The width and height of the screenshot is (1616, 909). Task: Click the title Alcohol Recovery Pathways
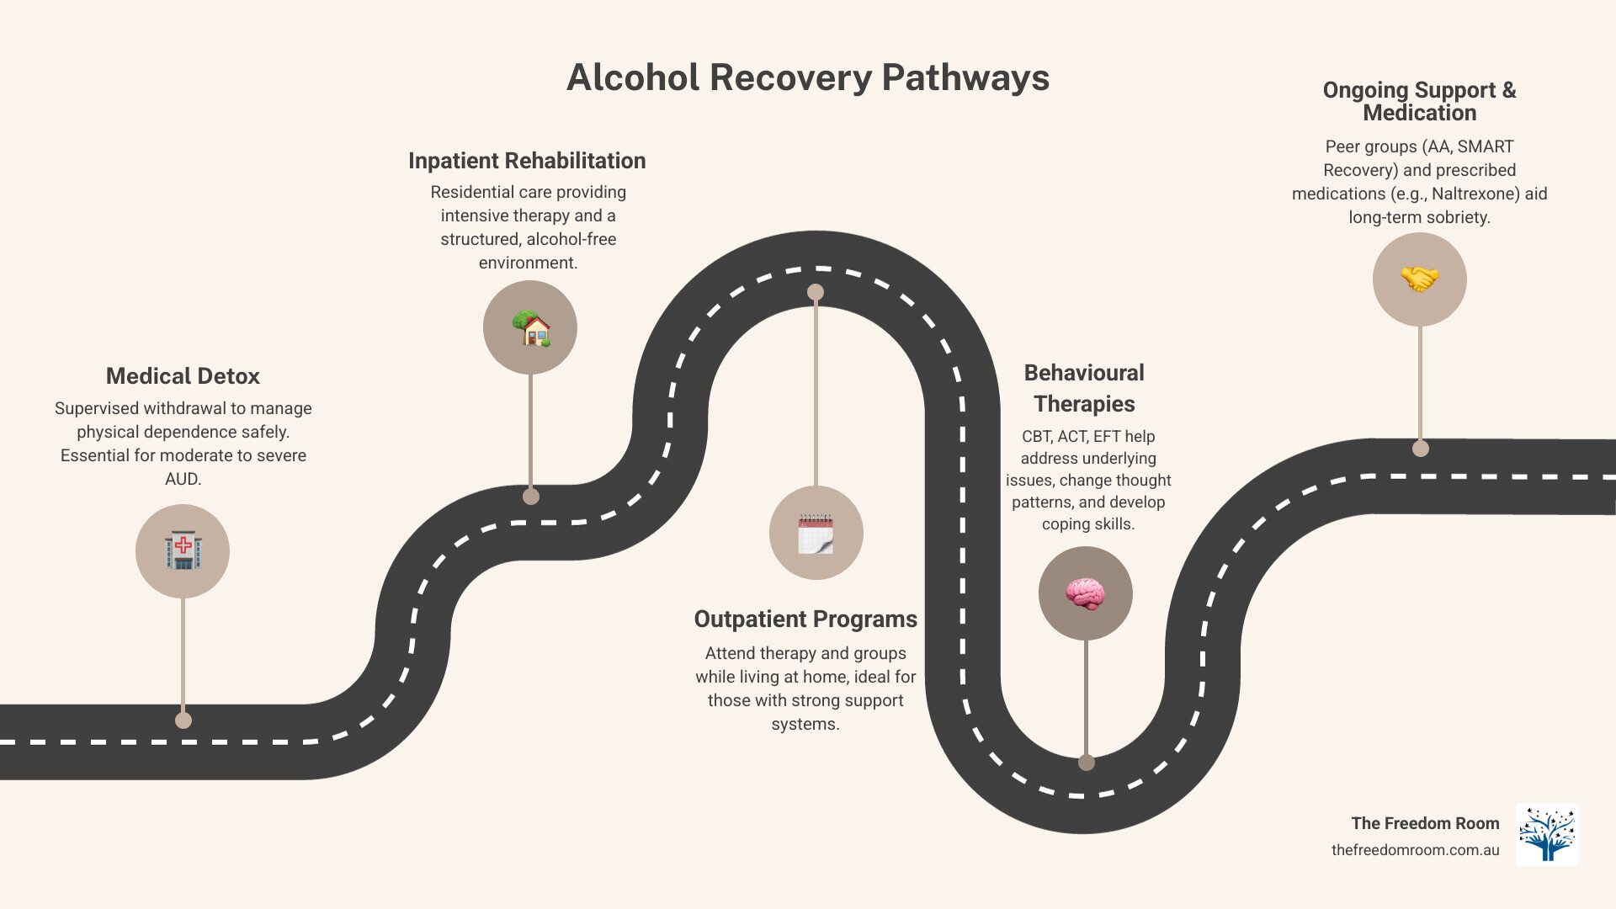(808, 77)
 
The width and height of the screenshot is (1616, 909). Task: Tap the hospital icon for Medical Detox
(183, 551)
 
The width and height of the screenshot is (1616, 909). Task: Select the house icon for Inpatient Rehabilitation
(530, 327)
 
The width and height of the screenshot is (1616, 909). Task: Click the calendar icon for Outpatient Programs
(816, 533)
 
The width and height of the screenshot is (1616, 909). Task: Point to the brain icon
(1085, 593)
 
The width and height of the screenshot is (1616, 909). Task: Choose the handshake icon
(1419, 279)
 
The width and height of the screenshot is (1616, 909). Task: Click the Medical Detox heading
(183, 376)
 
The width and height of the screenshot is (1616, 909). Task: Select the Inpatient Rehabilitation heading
(527, 161)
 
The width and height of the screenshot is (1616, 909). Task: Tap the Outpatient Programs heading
(805, 619)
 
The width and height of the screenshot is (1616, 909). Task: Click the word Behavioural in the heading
(1084, 373)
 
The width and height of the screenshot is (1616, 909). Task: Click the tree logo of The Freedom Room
(1547, 834)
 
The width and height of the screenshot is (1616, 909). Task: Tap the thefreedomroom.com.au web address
(1415, 850)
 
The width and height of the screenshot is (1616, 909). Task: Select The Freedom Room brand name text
(1425, 823)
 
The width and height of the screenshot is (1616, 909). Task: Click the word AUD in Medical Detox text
(182, 479)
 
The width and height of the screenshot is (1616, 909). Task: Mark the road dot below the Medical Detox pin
(183, 720)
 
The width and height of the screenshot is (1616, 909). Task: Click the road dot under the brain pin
(1087, 763)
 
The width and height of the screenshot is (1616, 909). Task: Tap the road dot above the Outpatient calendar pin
(816, 292)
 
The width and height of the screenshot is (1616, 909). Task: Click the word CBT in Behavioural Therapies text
(1037, 437)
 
